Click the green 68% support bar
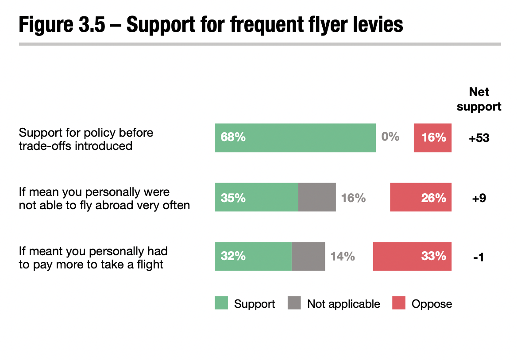click(x=295, y=138)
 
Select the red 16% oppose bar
click(x=432, y=138)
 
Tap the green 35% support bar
click(x=256, y=197)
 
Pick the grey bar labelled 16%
click(x=317, y=197)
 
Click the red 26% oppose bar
click(x=421, y=197)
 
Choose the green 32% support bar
click(x=253, y=256)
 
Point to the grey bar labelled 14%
click(x=308, y=256)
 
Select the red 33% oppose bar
click(x=412, y=256)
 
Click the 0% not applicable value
click(x=390, y=137)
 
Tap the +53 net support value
click(x=479, y=138)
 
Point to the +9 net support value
click(x=479, y=198)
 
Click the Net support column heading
click(x=479, y=99)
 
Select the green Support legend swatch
click(x=221, y=303)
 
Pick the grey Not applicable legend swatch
click(x=294, y=303)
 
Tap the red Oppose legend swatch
click(x=398, y=303)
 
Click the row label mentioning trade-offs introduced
click(x=86, y=139)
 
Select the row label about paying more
click(x=93, y=258)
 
